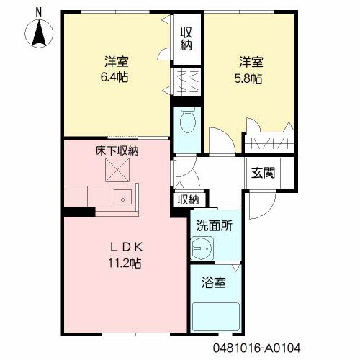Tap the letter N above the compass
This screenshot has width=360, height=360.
tap(39, 12)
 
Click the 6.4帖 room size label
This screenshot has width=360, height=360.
tap(114, 77)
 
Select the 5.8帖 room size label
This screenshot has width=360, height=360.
tap(248, 78)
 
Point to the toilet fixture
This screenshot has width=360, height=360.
tap(188, 120)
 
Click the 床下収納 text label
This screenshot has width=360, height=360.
tap(117, 151)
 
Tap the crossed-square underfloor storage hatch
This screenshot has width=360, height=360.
tap(117, 170)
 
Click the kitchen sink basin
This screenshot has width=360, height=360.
tap(122, 197)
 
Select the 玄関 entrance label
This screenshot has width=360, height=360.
tap(263, 173)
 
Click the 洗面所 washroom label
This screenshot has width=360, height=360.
tap(214, 225)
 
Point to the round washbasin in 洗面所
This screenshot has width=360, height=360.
tap(202, 248)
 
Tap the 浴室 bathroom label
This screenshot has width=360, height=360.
tap(214, 282)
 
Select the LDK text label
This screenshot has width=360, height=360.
tap(126, 247)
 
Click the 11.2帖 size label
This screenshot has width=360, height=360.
tap(125, 263)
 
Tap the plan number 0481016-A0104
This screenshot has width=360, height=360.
tap(256, 348)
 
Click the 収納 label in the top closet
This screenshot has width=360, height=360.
tap(186, 38)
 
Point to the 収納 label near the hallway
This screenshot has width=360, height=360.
tap(189, 199)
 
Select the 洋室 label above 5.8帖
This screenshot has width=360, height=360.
tap(251, 62)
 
